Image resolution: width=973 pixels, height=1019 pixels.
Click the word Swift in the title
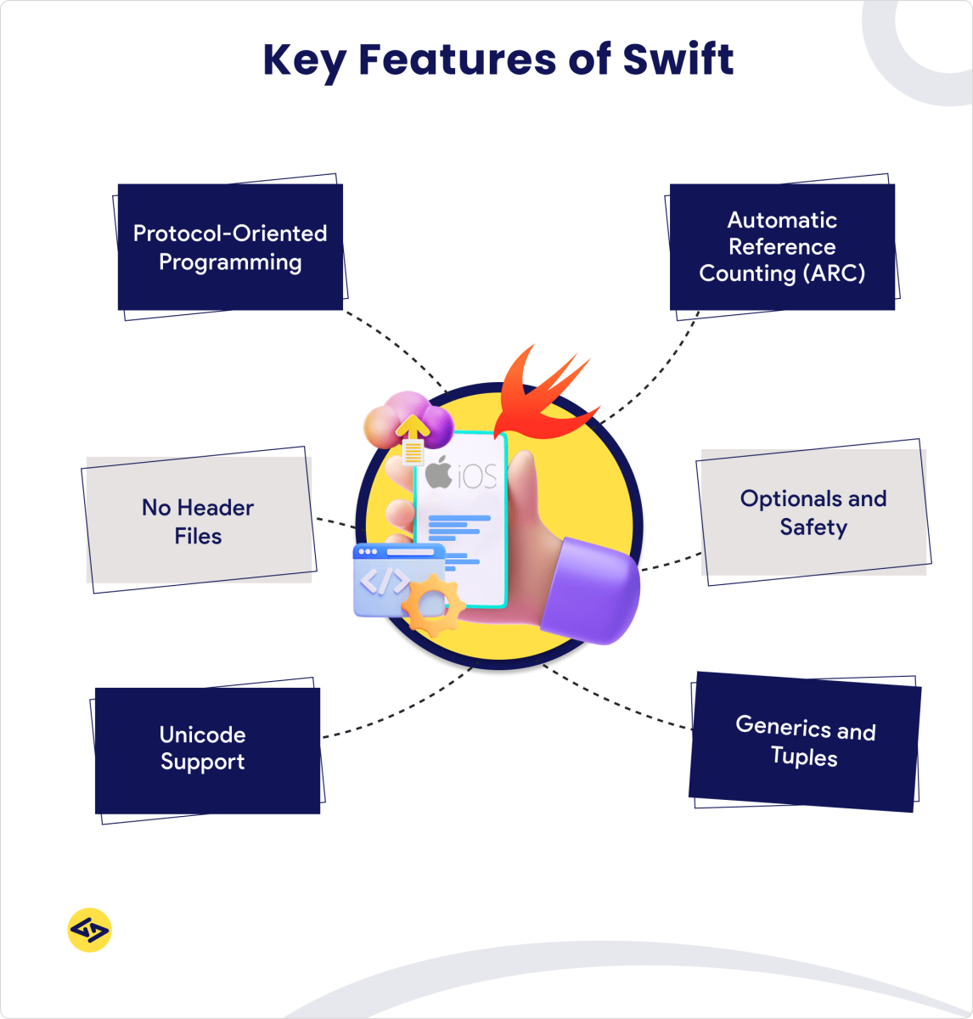click(x=678, y=59)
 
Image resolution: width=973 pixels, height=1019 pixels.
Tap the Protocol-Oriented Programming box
click(x=230, y=247)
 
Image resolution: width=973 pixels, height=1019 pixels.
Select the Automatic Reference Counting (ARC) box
click(x=782, y=246)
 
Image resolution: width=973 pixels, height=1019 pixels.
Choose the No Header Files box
click(x=199, y=521)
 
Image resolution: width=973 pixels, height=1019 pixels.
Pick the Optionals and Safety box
click(x=813, y=512)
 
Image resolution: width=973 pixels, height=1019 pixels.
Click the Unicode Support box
click(x=207, y=750)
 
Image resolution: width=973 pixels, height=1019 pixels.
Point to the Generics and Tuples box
click(x=805, y=742)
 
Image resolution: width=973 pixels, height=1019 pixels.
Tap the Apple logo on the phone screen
click(x=438, y=472)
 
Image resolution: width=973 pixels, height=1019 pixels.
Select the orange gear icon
click(x=432, y=605)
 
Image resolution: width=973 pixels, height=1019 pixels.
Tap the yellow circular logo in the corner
click(x=89, y=930)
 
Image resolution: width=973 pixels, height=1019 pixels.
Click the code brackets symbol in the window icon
click(x=384, y=583)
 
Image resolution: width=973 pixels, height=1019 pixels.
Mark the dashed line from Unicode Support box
click(x=399, y=710)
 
